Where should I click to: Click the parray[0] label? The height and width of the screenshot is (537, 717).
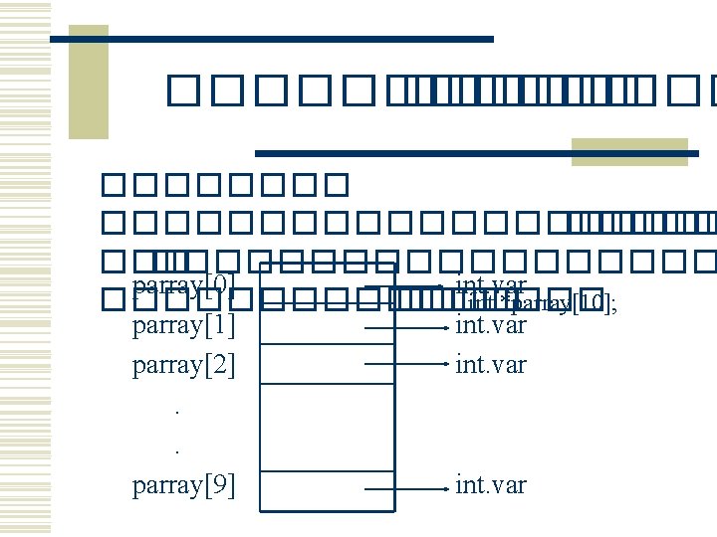(183, 285)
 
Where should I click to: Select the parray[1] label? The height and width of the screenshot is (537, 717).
(183, 325)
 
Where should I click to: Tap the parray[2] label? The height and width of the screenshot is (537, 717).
(183, 365)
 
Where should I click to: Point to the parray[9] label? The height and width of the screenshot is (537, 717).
(183, 485)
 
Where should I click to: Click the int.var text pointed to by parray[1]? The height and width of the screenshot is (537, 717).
(491, 325)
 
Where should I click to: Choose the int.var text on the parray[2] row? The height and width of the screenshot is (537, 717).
(491, 365)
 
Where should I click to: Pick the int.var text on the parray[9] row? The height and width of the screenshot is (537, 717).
(491, 485)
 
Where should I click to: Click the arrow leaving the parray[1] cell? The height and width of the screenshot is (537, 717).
(403, 325)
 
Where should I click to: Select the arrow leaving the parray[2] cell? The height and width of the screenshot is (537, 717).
(403, 365)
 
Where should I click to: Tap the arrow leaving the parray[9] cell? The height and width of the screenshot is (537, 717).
(403, 488)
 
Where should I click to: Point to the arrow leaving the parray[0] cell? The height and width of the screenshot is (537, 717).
(403, 287)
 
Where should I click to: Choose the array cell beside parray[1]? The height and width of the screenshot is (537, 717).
(327, 324)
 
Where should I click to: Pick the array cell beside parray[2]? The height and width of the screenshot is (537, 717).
(327, 363)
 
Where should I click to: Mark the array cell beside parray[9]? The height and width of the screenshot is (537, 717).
(327, 487)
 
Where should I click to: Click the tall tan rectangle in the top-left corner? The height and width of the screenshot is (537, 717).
(88, 82)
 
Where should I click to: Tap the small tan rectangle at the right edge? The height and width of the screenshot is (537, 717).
(628, 151)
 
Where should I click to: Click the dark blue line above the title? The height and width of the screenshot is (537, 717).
(271, 39)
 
